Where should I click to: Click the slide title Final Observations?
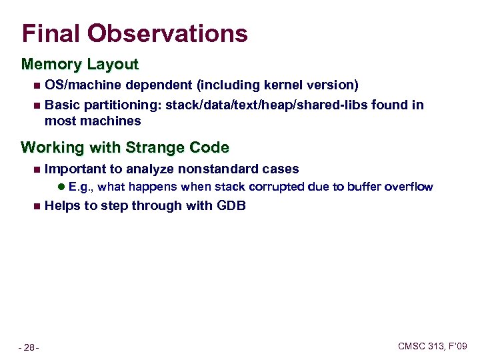135,33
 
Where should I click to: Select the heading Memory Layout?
80,65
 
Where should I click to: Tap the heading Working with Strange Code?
125,147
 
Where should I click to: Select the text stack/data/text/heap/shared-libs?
269,105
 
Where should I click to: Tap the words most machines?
93,121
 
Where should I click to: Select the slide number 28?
29,347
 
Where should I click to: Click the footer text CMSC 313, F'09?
433,346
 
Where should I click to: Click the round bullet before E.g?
61,187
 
